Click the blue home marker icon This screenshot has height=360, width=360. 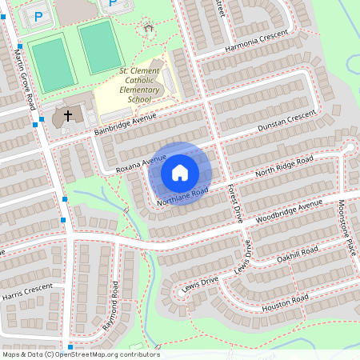click(180, 172)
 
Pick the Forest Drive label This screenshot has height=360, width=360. click(234, 202)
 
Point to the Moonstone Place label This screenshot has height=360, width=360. click(346, 227)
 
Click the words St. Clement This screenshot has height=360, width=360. click(139, 71)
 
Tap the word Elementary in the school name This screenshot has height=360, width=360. click(139, 90)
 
